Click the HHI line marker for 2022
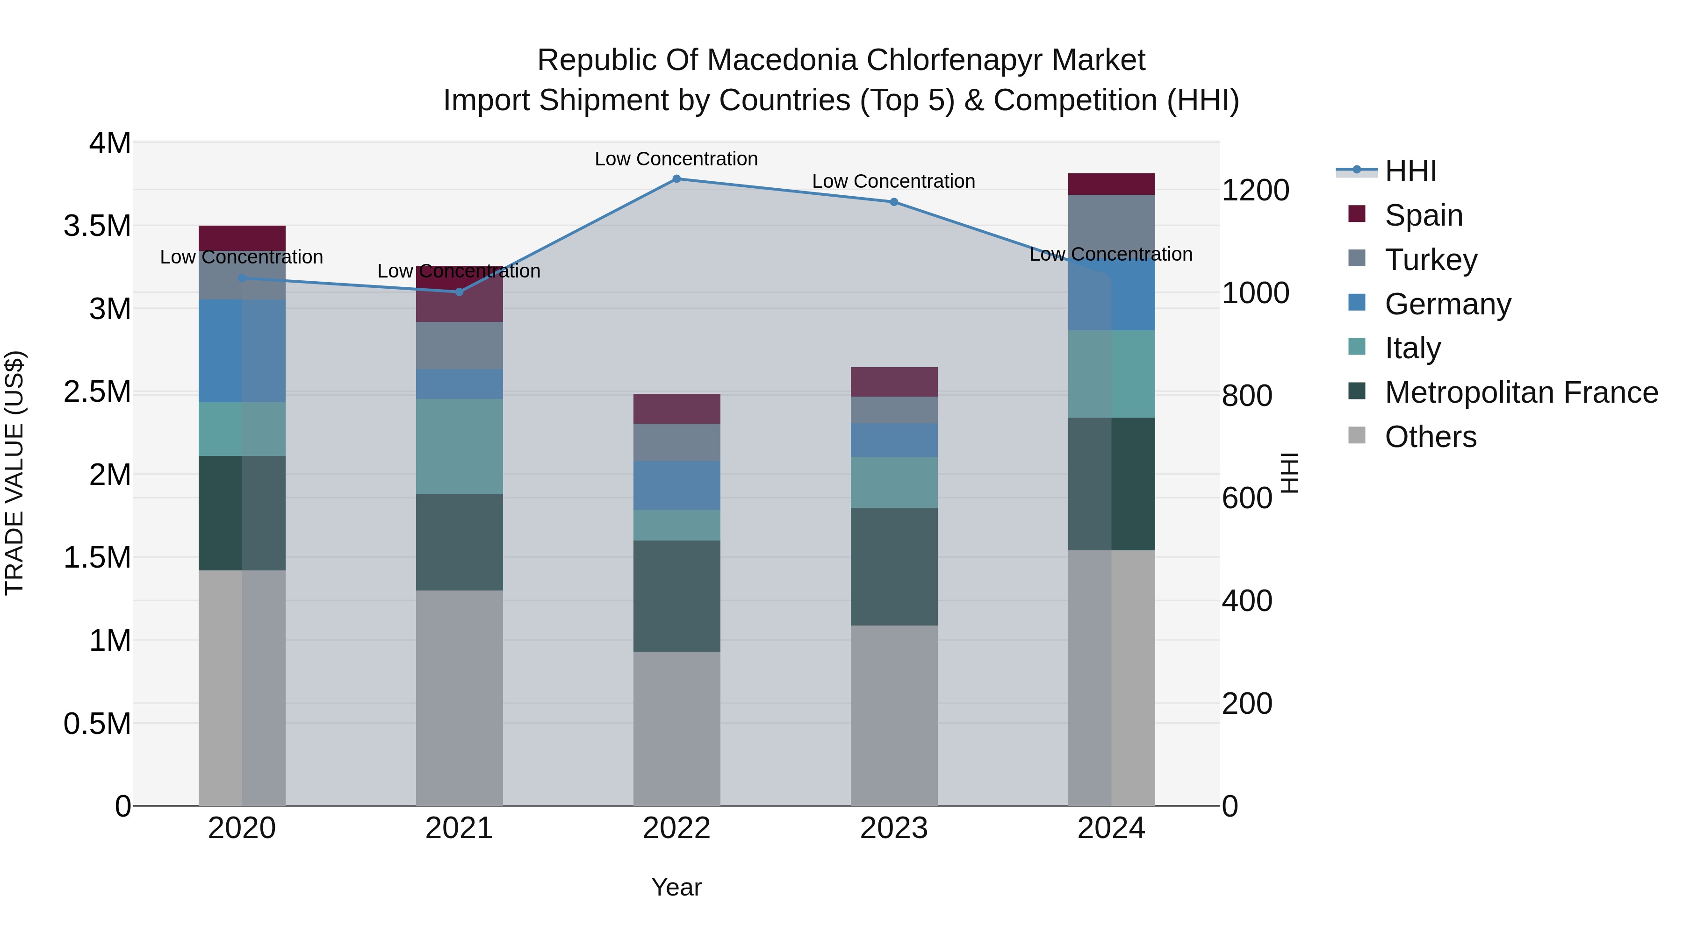(x=676, y=178)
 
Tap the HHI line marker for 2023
(x=894, y=202)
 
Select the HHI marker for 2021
(x=459, y=292)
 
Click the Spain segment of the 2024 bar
(x=1111, y=184)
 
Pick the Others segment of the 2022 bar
(x=676, y=728)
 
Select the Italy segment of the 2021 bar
(x=459, y=446)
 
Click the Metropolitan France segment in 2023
(x=894, y=566)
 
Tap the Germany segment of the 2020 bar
(x=242, y=350)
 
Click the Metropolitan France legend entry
(x=1520, y=392)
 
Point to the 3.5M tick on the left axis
(x=97, y=226)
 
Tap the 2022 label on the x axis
(x=676, y=828)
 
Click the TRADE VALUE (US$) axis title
(x=14, y=473)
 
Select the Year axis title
(x=676, y=887)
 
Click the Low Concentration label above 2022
(x=676, y=159)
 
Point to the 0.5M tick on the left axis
(x=97, y=723)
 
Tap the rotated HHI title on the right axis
(x=1289, y=473)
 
